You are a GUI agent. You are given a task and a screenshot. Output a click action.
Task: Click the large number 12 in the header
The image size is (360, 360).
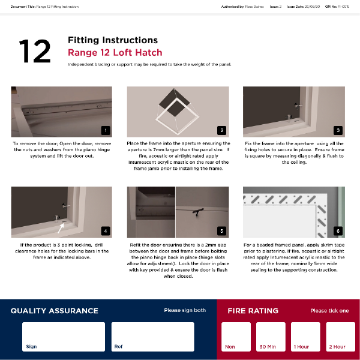[x=35, y=52]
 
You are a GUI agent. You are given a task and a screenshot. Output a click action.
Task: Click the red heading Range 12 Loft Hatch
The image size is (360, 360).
[x=115, y=52]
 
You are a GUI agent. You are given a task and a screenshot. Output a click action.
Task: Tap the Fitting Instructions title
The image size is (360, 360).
[x=113, y=40]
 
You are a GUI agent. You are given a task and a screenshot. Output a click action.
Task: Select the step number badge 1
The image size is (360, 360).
[x=106, y=130]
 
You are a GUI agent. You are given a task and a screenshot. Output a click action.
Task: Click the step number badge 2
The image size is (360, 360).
[x=221, y=130]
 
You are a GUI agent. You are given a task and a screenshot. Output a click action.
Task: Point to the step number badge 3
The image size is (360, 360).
[x=338, y=130]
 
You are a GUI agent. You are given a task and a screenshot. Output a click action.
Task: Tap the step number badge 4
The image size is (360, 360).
[x=106, y=230]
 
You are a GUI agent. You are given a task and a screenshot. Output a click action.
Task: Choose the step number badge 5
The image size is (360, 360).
[x=221, y=230]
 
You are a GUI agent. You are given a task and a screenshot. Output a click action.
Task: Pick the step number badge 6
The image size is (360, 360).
[x=338, y=230]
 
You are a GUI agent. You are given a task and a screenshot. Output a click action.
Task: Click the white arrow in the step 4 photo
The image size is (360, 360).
[x=61, y=226]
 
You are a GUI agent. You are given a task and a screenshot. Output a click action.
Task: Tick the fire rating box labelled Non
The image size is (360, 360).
[x=236, y=337]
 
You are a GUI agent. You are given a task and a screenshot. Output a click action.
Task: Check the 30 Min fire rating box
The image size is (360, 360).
[x=271, y=337]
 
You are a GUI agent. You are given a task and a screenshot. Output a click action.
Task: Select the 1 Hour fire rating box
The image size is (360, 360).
[x=305, y=337]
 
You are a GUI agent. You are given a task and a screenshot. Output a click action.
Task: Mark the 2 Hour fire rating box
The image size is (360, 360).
[x=340, y=337]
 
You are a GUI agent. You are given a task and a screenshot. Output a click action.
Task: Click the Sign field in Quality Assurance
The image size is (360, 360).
[x=63, y=337]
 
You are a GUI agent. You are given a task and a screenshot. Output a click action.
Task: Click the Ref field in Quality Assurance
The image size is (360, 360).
[x=152, y=337]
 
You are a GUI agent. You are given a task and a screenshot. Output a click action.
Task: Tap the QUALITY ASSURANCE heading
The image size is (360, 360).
[x=55, y=311]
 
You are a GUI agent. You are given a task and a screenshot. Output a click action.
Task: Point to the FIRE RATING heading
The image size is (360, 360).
[x=253, y=311]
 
